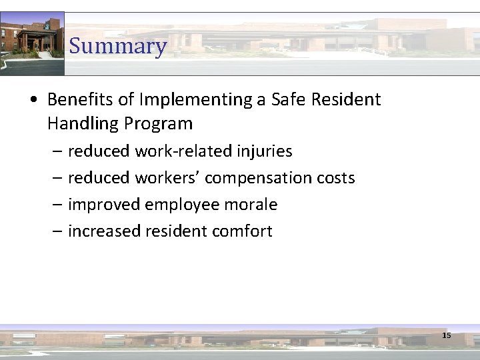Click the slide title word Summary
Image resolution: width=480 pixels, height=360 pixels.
117,46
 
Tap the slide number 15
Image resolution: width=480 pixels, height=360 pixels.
447,335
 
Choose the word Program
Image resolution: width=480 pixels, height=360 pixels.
159,123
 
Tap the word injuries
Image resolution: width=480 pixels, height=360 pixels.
265,151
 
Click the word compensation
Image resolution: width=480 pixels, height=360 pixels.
255,178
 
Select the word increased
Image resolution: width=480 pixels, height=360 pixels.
102,231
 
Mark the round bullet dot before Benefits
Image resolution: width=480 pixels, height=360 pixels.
33,101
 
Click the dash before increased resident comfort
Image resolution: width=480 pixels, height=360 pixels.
56,231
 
